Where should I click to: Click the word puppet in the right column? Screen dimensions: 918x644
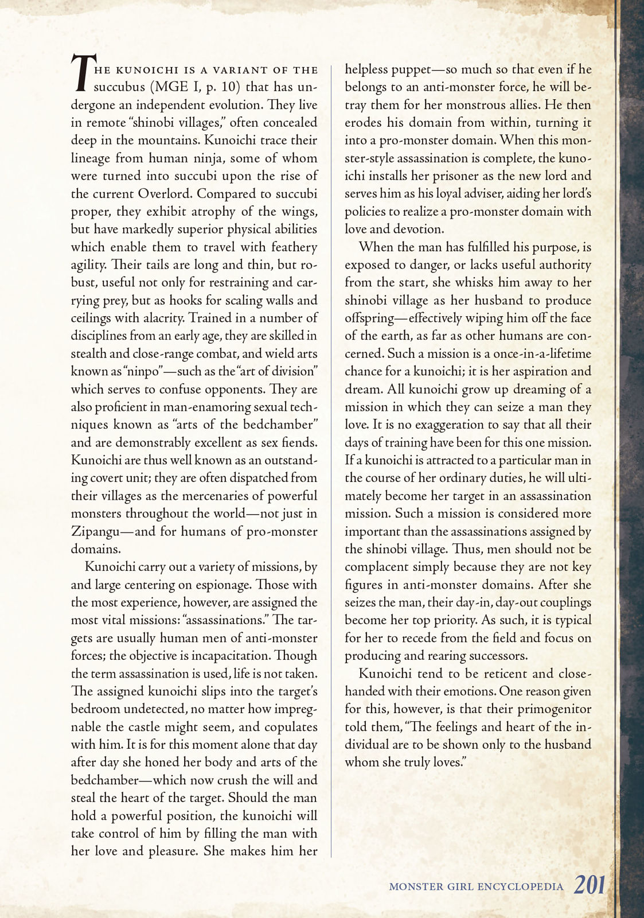(x=411, y=70)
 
